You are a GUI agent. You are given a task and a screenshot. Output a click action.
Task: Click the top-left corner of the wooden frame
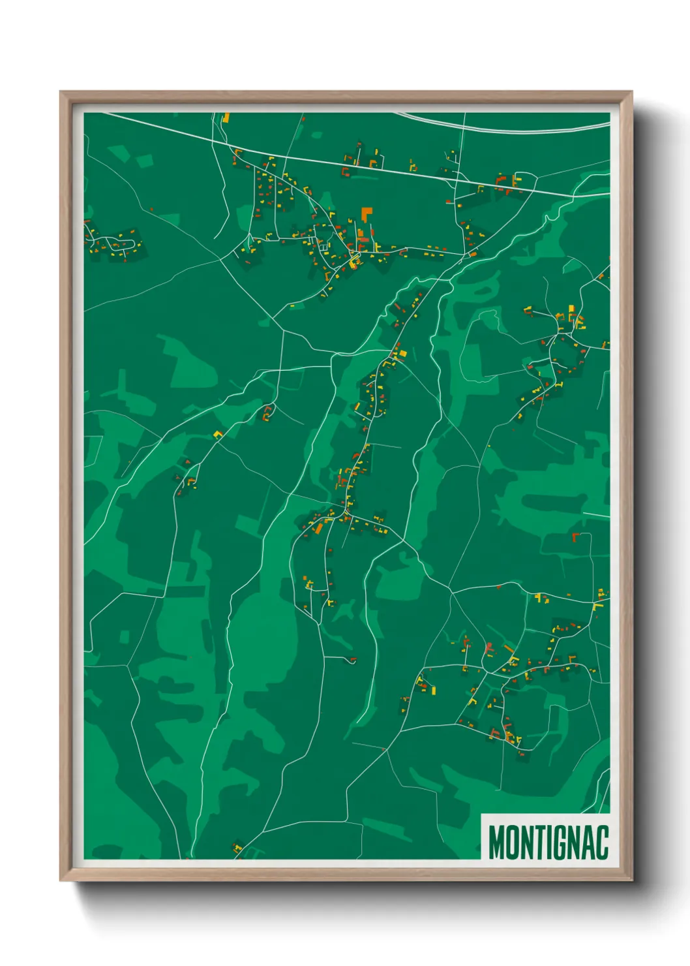61,93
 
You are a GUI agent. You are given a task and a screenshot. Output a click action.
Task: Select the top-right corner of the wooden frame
631,93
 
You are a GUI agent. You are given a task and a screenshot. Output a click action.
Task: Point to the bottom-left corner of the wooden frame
61,879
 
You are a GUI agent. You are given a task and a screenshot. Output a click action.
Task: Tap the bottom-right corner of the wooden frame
631,879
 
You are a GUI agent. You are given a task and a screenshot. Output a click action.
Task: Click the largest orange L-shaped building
367,213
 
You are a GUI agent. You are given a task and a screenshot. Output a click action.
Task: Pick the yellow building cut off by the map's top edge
226,118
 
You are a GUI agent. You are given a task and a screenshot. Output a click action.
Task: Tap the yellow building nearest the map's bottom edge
237,848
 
